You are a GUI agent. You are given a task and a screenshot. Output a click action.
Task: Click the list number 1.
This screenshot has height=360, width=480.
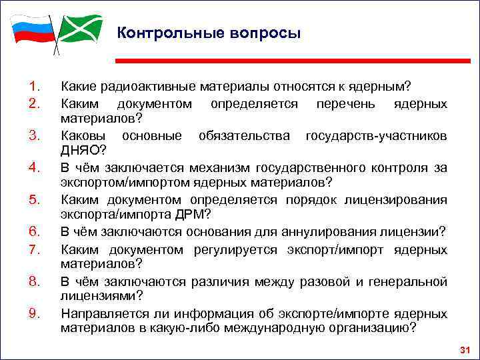point(35,86)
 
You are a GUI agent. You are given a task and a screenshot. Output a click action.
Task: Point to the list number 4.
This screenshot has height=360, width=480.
point(35,167)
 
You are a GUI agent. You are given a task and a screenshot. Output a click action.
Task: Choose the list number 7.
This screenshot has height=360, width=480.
point(35,250)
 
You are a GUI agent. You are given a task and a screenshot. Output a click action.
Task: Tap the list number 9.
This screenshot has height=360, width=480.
point(35,311)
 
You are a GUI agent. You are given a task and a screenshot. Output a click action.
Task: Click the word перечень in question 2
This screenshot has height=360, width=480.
point(345,104)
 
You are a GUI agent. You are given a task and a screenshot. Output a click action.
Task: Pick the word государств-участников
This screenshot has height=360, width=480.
point(376,135)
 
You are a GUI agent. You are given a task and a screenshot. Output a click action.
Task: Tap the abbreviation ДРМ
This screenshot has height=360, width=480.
point(193,215)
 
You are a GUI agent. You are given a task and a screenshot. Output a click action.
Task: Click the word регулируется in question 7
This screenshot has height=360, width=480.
point(244,250)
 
